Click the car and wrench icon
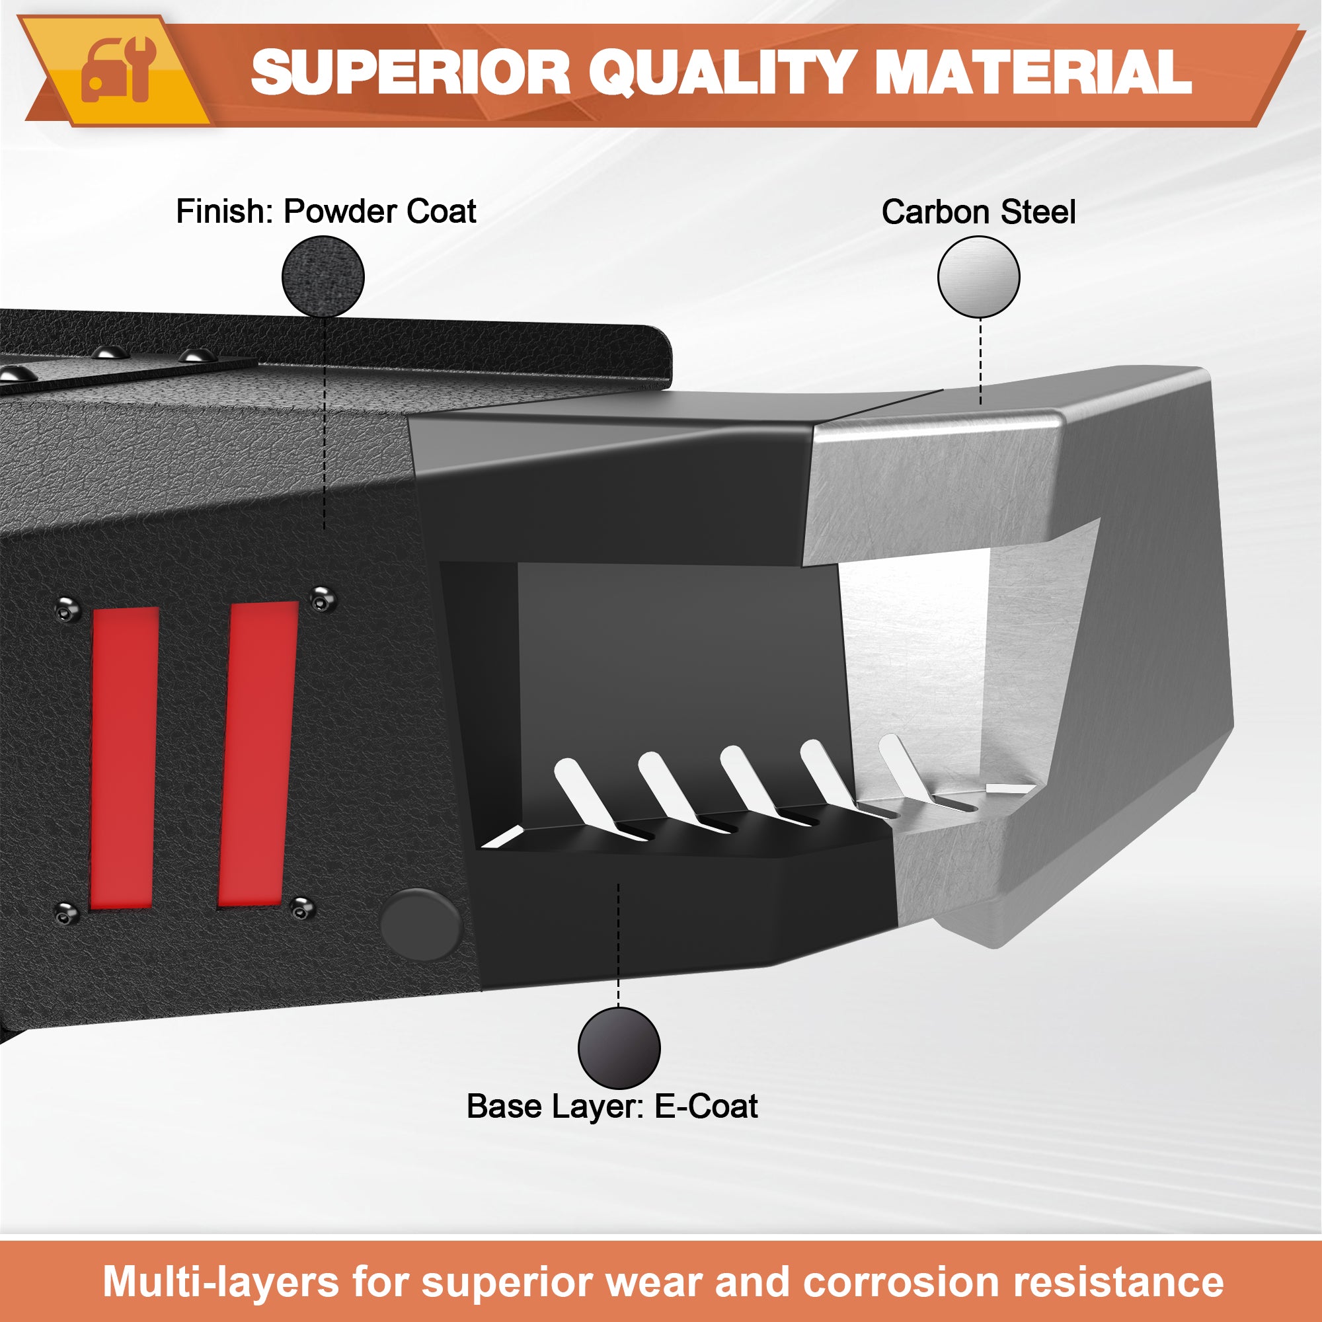coord(118,71)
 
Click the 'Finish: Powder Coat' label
coord(326,211)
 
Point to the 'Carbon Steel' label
coord(978,212)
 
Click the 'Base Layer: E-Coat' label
coord(611,1107)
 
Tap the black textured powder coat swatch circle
coord(323,276)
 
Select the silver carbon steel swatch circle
coord(978,277)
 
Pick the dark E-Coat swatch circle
coord(619,1048)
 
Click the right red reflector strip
coord(258,755)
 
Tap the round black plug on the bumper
coord(420,925)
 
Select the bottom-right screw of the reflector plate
coord(302,908)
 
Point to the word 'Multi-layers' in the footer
coord(221,1282)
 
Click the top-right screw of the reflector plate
coord(323,600)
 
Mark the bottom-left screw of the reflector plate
coord(66,913)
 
